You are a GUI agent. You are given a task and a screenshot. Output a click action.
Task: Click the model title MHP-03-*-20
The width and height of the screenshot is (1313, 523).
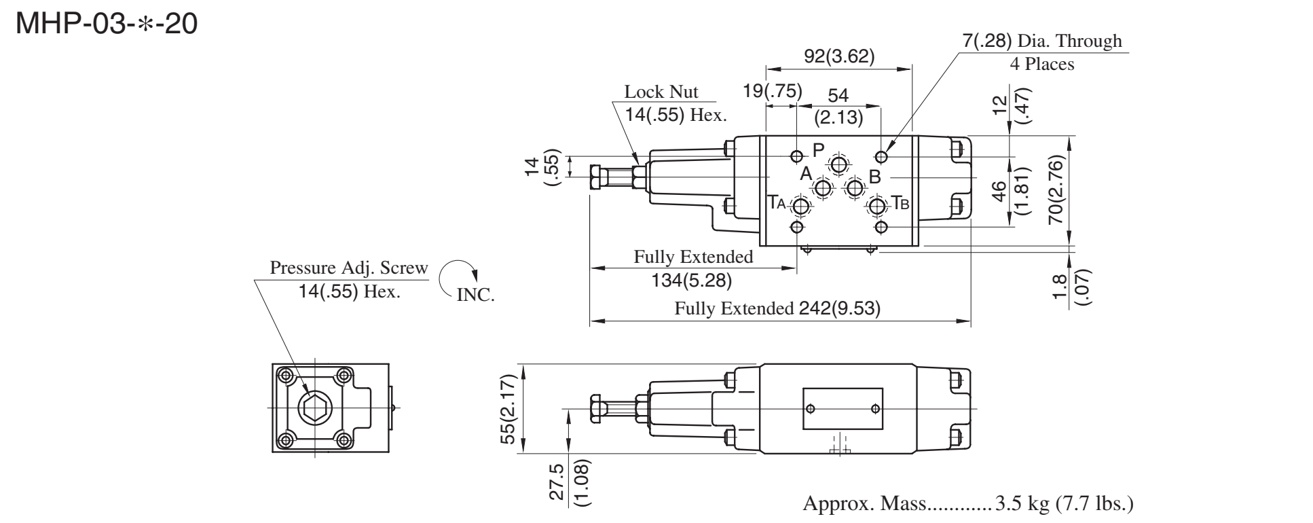point(107,26)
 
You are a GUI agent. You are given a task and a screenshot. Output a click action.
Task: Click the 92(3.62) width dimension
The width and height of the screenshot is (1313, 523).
point(839,56)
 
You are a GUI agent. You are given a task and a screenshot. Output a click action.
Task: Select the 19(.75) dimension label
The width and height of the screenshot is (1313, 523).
point(773,92)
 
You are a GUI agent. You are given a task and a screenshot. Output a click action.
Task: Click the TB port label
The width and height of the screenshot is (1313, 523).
point(900,202)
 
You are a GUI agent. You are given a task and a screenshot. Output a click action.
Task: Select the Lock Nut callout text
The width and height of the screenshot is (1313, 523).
point(661,92)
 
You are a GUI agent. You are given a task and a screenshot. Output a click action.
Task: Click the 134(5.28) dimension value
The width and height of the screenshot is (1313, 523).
point(692,279)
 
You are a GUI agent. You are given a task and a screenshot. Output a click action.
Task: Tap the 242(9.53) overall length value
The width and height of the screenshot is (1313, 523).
point(836,309)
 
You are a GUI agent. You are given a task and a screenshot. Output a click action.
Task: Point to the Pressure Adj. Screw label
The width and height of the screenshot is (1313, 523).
point(349,268)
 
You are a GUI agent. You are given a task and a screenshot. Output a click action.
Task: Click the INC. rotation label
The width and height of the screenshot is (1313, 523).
point(476,295)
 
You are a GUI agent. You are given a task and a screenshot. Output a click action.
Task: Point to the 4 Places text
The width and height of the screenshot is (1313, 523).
point(1041,65)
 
